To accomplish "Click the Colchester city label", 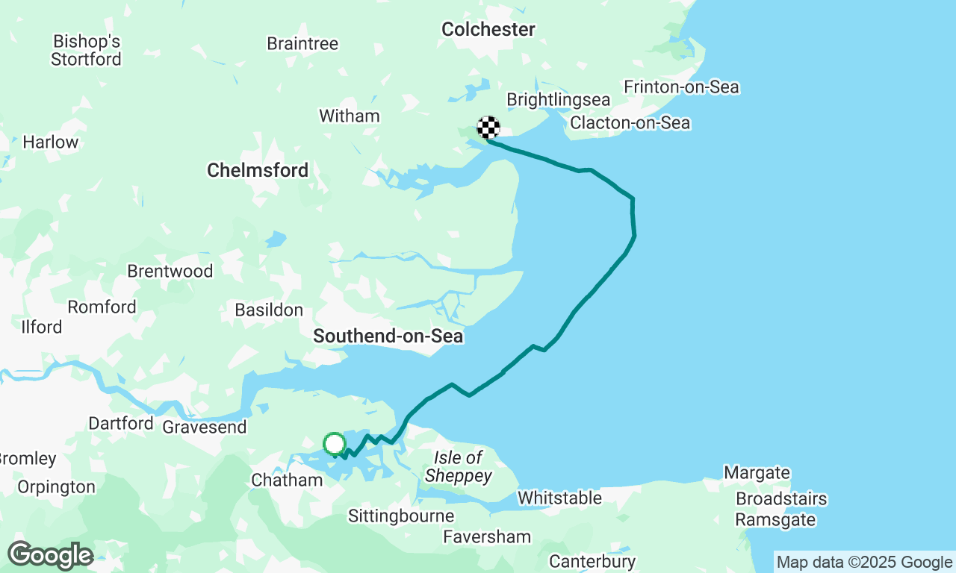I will click(x=488, y=30).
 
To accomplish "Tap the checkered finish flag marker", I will click(x=488, y=128).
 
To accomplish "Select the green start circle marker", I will click(x=335, y=444).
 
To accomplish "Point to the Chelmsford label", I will click(x=258, y=170).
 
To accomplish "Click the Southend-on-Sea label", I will click(x=388, y=336).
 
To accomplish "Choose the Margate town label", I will click(x=757, y=472).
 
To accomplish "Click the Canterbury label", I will click(x=592, y=561).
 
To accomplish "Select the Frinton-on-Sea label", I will click(x=681, y=87).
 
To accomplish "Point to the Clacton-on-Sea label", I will click(x=630, y=123).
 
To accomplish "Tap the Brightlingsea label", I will click(x=558, y=100).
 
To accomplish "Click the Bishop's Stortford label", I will click(x=87, y=50).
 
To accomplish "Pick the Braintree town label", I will click(x=302, y=44).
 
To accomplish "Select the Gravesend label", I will click(x=204, y=427).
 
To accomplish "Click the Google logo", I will click(x=50, y=555).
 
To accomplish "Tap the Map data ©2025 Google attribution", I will click(x=864, y=563).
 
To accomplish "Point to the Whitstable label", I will click(x=559, y=498).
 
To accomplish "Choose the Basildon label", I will click(x=269, y=310).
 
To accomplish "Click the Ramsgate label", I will click(x=775, y=520).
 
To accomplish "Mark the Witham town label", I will click(x=349, y=116).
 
